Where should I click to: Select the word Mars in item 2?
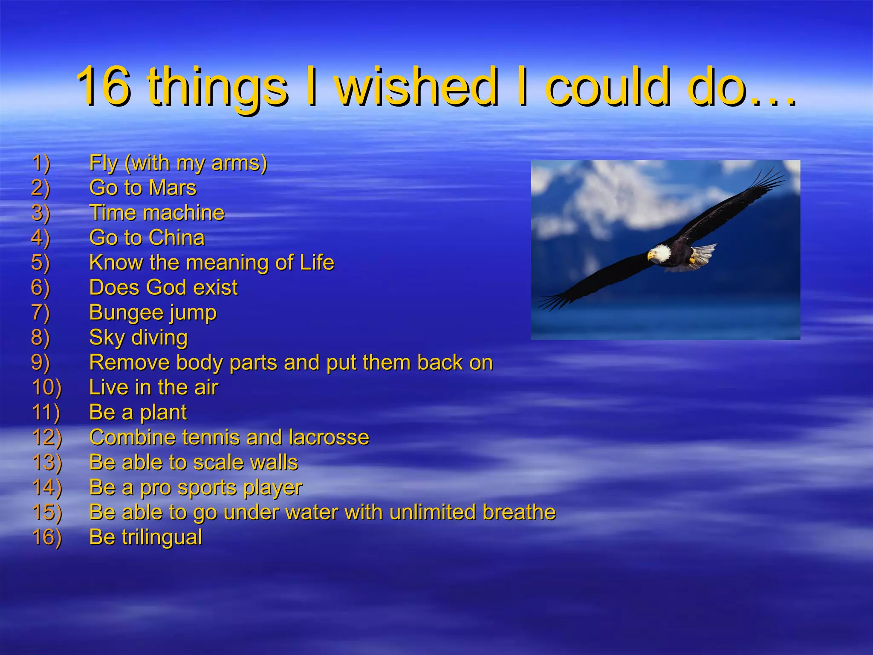(172, 188)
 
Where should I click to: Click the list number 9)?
(40, 363)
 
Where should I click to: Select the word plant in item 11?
(163, 413)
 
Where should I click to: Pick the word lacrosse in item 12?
(329, 438)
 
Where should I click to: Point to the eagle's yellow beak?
(650, 256)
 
